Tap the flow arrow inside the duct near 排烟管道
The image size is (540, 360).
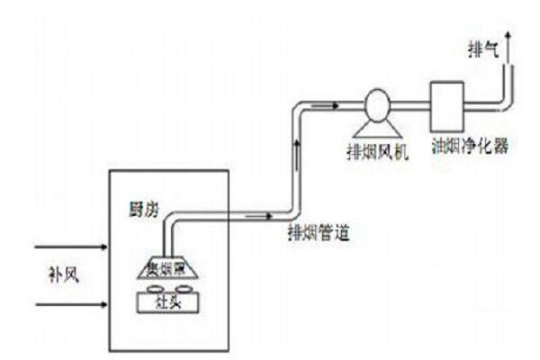click(x=256, y=216)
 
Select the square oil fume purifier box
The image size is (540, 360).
click(x=445, y=106)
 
